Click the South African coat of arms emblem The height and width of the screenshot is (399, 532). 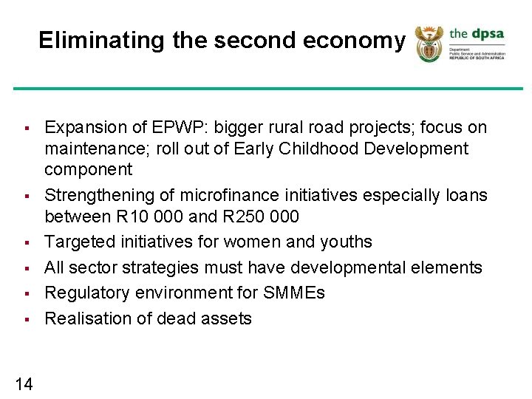coord(428,44)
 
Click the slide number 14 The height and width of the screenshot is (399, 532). coord(23,383)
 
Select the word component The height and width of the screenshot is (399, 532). coord(88,169)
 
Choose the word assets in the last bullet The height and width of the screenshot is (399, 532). coord(228,318)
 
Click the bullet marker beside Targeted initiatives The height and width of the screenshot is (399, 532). coord(25,242)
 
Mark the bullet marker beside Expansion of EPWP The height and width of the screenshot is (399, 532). coord(25,129)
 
